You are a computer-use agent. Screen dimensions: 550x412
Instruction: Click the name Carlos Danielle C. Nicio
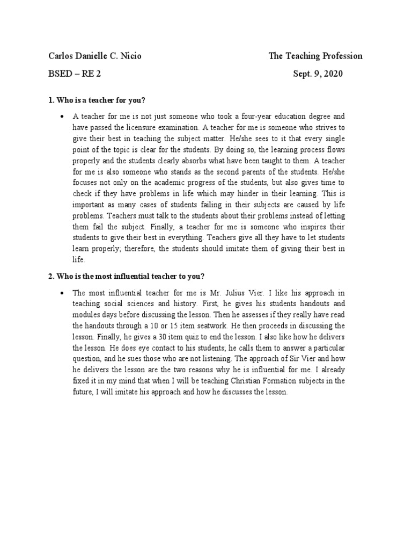pos(95,56)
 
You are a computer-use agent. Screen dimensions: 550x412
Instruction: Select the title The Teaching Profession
pos(315,56)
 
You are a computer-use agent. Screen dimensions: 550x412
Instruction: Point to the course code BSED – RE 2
pos(75,74)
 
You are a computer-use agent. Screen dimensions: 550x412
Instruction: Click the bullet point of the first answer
pos(63,116)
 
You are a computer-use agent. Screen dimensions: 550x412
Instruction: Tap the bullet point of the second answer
pos(63,293)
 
